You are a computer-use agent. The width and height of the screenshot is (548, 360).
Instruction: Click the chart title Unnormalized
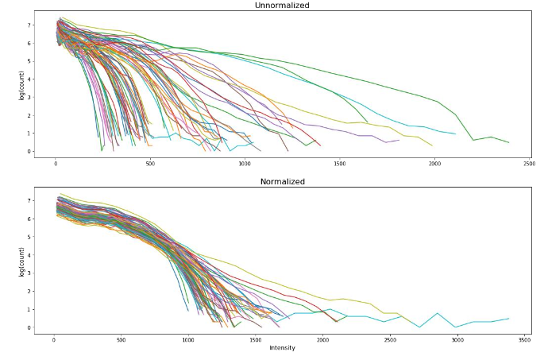tap(282, 6)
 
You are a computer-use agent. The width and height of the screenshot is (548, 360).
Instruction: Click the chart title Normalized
tap(283, 182)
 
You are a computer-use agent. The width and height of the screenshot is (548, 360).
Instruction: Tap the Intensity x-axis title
tap(283, 347)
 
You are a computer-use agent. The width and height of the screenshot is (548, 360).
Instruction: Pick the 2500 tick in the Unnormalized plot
tap(529, 162)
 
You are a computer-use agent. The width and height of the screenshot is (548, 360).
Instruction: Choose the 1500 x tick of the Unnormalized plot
tap(340, 162)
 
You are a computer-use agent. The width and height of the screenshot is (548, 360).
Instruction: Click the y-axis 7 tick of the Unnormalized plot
tap(30, 25)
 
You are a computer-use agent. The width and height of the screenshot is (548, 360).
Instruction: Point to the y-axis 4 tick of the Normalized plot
tap(30, 254)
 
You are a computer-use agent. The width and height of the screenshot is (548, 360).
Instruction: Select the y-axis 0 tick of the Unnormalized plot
tap(30, 151)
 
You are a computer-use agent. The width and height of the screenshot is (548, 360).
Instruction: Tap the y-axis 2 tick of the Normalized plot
tap(30, 291)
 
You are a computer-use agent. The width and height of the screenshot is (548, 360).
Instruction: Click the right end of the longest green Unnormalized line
tap(508, 143)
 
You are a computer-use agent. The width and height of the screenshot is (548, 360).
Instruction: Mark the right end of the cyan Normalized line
tap(508, 319)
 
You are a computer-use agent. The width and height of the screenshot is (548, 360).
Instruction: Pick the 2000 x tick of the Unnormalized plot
tap(434, 162)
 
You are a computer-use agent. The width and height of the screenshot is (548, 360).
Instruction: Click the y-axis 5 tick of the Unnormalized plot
tap(30, 61)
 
